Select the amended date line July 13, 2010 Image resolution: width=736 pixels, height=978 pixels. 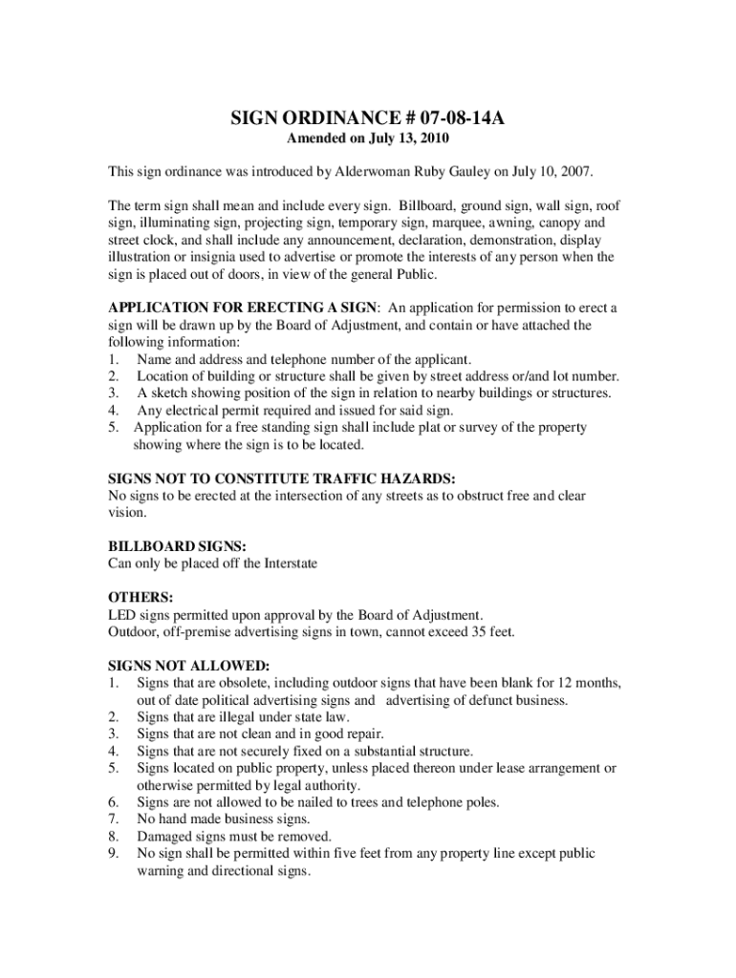point(368,139)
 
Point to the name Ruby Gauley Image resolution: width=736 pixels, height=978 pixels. point(450,173)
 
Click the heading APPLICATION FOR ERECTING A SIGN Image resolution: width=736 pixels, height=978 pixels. point(243,308)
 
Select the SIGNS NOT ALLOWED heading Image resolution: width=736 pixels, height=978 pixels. point(188,666)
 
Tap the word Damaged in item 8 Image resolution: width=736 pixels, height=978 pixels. point(163,837)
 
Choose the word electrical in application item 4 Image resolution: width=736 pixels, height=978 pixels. point(192,410)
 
